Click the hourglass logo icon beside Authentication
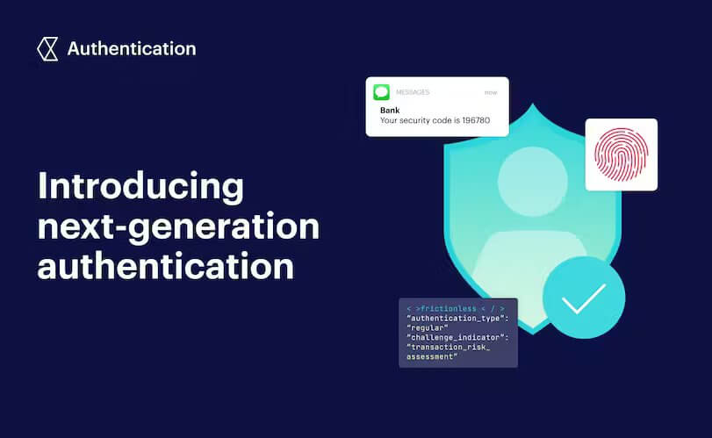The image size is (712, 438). click(47, 48)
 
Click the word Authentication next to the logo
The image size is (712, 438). click(132, 48)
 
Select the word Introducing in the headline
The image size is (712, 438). click(140, 187)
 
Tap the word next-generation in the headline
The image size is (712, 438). click(178, 227)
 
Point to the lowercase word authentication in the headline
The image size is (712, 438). click(165, 267)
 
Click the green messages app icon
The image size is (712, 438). click(381, 92)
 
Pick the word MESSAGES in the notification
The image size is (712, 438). click(414, 92)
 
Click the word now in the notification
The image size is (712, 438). click(491, 92)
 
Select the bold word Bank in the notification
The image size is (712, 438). click(389, 110)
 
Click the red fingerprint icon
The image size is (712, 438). click(621, 155)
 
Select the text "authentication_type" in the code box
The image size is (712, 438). click(454, 319)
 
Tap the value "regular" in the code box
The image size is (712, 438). click(428, 328)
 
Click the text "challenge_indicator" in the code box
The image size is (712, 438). click(454, 338)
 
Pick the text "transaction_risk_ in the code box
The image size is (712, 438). click(448, 348)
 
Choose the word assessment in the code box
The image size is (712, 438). click(431, 357)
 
